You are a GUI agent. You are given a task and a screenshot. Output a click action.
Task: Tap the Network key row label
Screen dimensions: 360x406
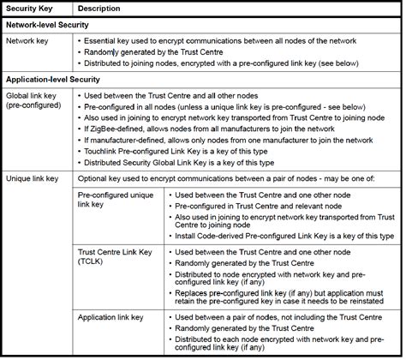point(29,40)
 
